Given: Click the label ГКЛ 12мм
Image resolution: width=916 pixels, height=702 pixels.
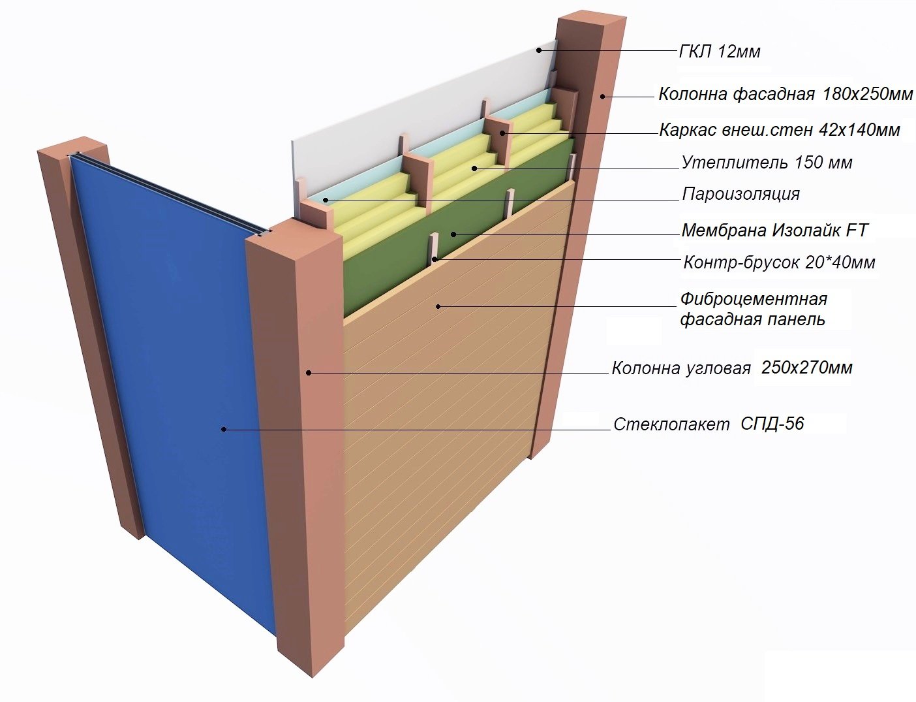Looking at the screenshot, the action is pyautogui.click(x=720, y=52).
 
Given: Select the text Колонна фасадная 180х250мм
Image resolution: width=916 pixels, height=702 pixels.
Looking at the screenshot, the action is pyautogui.click(x=786, y=93).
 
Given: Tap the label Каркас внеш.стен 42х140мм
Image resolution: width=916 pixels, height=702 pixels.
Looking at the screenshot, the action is pyautogui.click(x=780, y=129).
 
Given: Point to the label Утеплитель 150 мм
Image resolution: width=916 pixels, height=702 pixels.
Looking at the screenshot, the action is pyautogui.click(x=767, y=163).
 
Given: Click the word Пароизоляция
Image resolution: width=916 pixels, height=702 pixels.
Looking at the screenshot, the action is pyautogui.click(x=740, y=194).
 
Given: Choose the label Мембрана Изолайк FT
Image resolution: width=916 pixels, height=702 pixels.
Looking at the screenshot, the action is pyautogui.click(x=775, y=231).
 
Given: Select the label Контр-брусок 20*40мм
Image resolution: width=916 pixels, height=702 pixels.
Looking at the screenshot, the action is pyautogui.click(x=779, y=263).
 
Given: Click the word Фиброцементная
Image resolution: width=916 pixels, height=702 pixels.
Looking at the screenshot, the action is pyautogui.click(x=754, y=299).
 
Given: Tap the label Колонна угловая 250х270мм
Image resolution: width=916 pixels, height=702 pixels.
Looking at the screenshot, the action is pyautogui.click(x=732, y=368).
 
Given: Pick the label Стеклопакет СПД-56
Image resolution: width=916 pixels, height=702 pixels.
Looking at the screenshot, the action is pyautogui.click(x=709, y=424).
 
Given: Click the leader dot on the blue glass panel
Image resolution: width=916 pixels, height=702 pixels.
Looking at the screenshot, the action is pyautogui.click(x=224, y=429).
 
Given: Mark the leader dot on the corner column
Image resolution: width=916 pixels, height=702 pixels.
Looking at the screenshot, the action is pyautogui.click(x=309, y=372).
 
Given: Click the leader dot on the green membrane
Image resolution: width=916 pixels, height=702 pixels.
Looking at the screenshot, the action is pyautogui.click(x=453, y=234).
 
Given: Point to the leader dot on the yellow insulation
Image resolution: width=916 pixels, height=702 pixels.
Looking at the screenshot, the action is pyautogui.click(x=474, y=168).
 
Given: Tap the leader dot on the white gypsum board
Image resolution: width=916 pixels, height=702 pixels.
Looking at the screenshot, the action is pyautogui.click(x=539, y=50).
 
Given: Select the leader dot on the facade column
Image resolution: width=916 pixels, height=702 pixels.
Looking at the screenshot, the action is pyautogui.click(x=603, y=97).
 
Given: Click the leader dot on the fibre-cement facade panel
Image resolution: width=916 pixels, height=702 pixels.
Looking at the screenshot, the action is pyautogui.click(x=438, y=306).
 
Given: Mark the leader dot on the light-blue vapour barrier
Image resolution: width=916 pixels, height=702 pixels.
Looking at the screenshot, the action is pyautogui.click(x=326, y=200).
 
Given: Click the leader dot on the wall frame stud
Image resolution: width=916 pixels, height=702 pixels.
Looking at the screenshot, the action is pyautogui.click(x=502, y=133).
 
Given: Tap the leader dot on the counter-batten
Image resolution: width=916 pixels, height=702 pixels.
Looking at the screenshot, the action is pyautogui.click(x=434, y=259).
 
